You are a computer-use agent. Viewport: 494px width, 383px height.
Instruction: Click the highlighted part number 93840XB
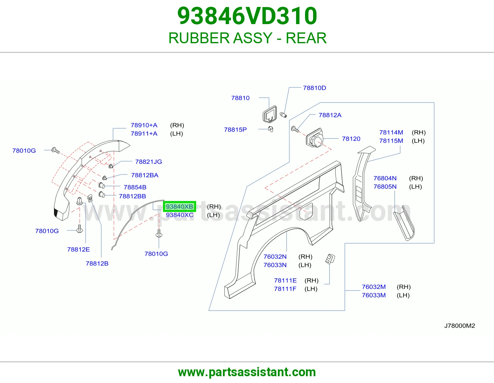click(x=179, y=207)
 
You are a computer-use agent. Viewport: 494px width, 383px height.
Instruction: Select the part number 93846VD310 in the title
click(x=247, y=16)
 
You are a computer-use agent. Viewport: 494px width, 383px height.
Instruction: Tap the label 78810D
click(x=314, y=88)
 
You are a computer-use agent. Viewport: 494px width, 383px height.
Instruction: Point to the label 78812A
click(x=330, y=115)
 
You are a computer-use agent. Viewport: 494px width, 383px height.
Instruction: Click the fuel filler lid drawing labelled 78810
click(x=270, y=114)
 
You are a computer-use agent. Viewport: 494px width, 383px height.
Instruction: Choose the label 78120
click(x=351, y=139)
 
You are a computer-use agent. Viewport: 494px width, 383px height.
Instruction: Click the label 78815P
click(x=235, y=130)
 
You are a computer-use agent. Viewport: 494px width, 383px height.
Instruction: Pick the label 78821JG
click(x=149, y=162)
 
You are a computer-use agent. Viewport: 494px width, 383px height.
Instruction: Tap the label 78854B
click(x=135, y=187)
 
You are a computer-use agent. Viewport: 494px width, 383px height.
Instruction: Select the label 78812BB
click(x=132, y=196)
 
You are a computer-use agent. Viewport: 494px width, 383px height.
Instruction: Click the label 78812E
click(x=78, y=250)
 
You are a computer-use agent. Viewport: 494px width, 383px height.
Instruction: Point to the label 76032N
click(x=275, y=257)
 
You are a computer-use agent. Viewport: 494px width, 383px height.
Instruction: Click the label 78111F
click(x=285, y=289)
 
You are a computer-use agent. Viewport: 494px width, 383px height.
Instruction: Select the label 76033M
click(x=374, y=295)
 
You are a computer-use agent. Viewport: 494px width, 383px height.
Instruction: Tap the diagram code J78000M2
click(x=460, y=326)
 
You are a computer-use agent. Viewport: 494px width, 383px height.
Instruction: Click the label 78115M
click(x=391, y=141)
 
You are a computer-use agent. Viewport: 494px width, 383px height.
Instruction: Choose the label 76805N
click(x=385, y=187)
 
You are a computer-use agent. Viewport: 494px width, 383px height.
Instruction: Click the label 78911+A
click(x=144, y=133)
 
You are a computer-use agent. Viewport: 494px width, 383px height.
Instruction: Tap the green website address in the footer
click(x=247, y=372)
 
